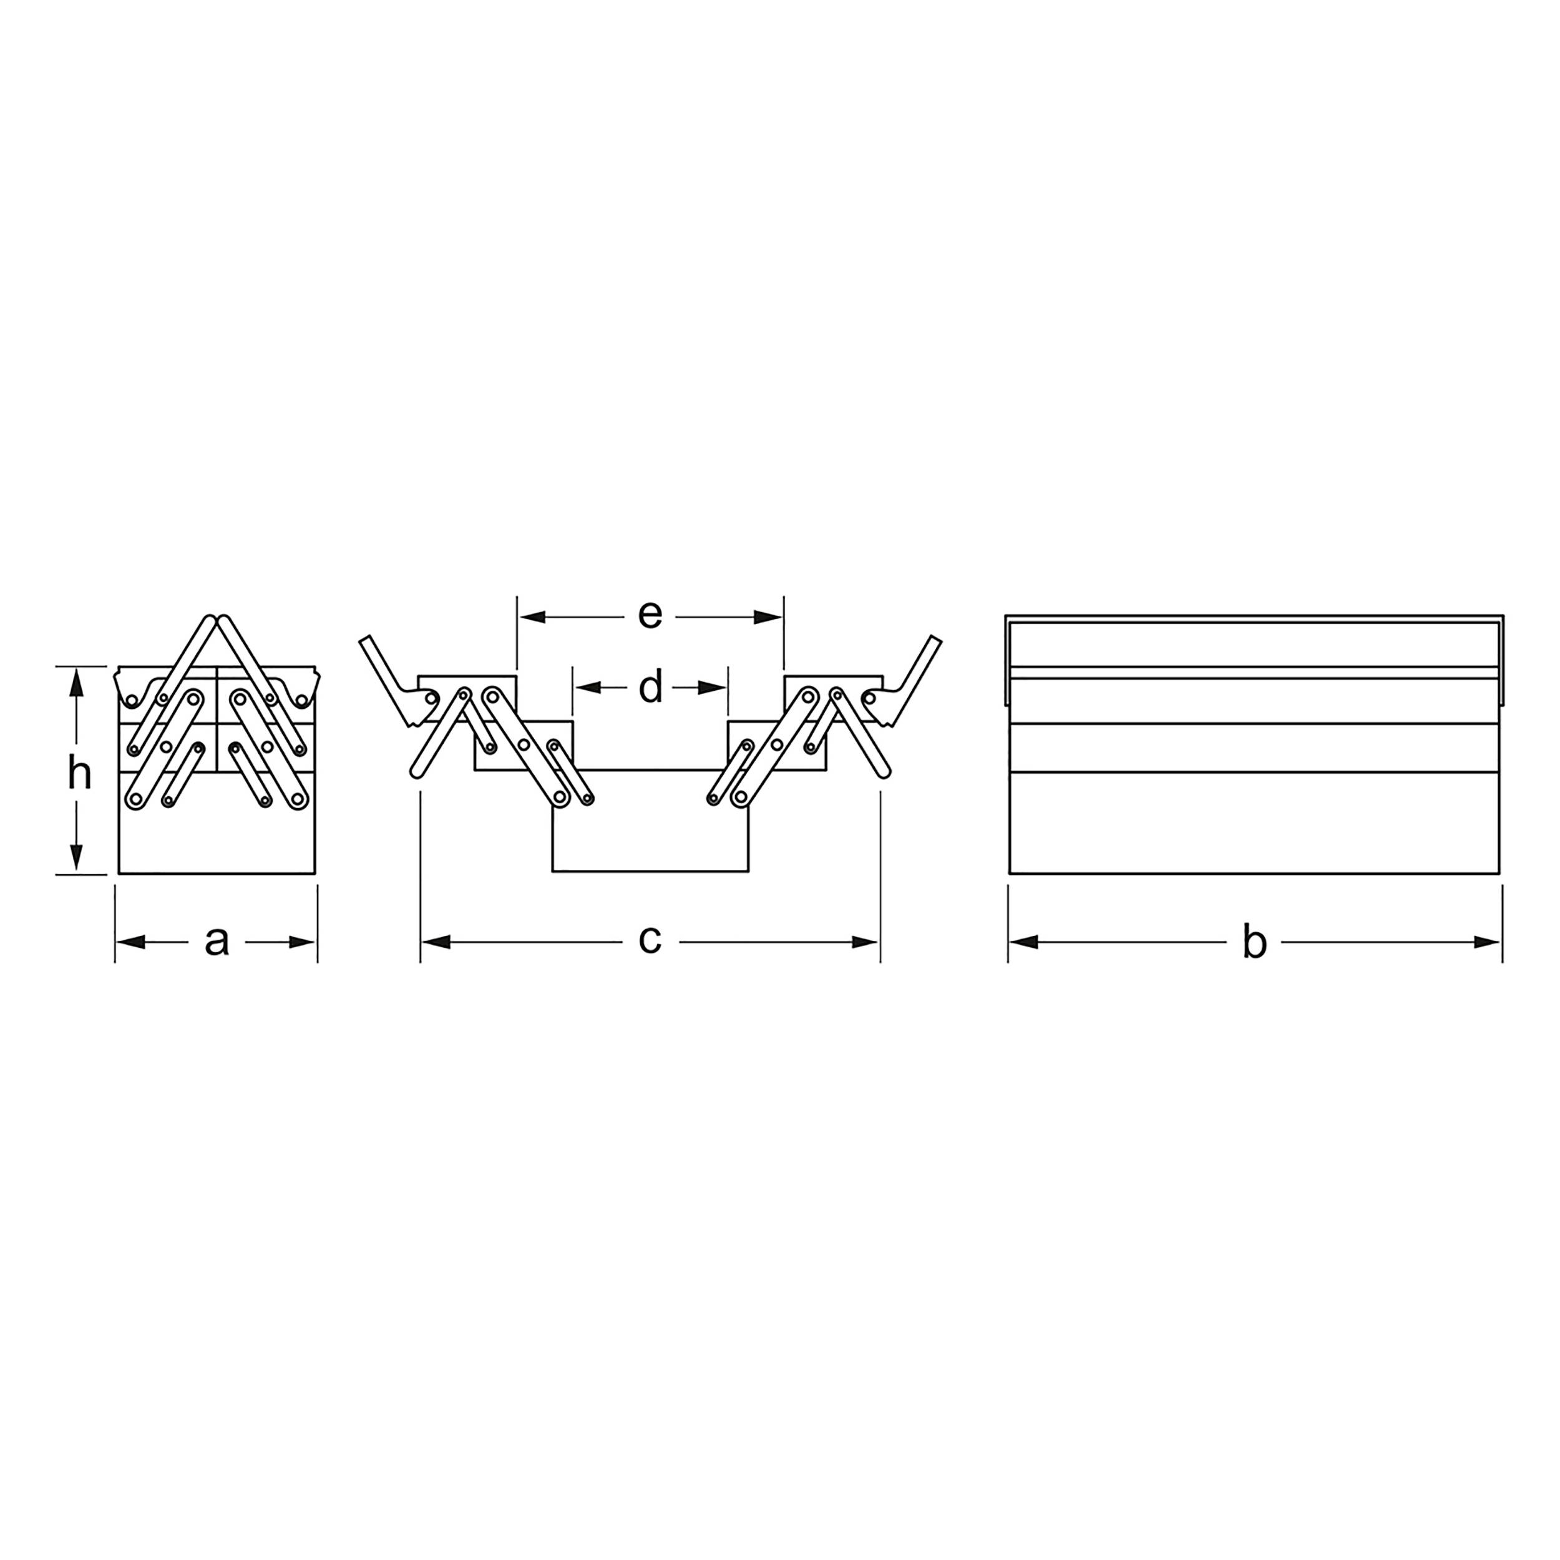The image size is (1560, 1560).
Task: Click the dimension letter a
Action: click(217, 942)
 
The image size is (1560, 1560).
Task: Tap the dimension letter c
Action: click(650, 939)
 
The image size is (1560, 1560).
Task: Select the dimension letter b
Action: click(1254, 942)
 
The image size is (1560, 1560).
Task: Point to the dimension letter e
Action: click(650, 615)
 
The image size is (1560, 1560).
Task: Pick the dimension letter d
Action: click(650, 687)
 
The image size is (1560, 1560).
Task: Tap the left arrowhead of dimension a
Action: click(131, 942)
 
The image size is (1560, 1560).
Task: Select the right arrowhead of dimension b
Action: click(1486, 942)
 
